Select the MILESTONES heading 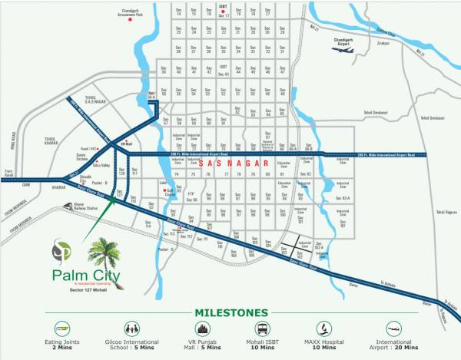pyautogui.click(x=230, y=312)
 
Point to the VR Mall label pyautogui.click(x=127, y=144)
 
